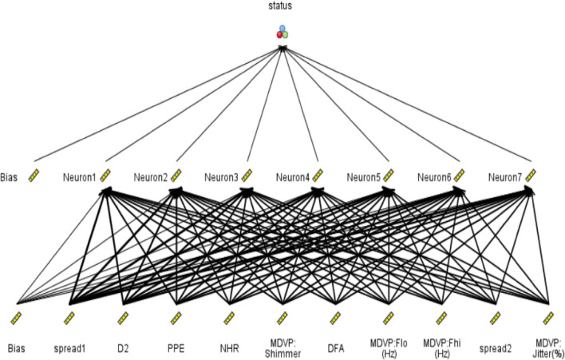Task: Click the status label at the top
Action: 281,7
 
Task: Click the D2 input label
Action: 122,349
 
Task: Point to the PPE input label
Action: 176,349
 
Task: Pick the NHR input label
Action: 229,349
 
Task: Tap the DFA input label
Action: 335,349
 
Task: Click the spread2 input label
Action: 495,349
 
